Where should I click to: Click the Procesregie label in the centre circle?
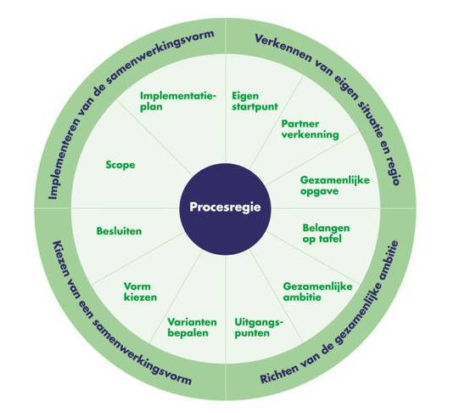tap(225, 207)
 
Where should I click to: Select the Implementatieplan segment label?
tap(178, 101)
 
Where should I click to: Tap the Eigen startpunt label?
tap(255, 101)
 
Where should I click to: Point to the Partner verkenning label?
tap(310, 129)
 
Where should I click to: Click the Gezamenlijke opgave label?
tap(335, 185)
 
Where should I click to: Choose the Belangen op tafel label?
tap(326, 234)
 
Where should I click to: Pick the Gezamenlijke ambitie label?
tap(317, 291)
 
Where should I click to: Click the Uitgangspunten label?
tap(259, 328)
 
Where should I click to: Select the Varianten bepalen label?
tap(192, 327)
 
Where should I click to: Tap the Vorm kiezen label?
tap(140, 291)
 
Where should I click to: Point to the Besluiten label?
tap(119, 231)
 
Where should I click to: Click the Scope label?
tap(120, 165)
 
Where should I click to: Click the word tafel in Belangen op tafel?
tap(330, 239)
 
